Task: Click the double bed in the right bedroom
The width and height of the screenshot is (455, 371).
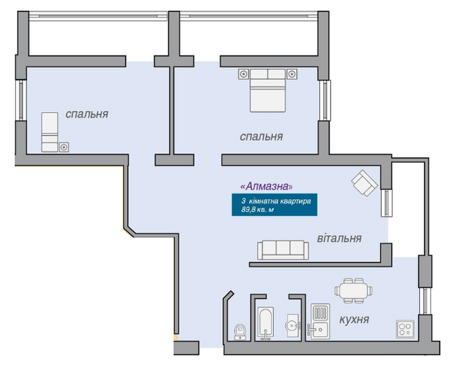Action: (267, 90)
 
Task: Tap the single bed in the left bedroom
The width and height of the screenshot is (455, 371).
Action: (50, 132)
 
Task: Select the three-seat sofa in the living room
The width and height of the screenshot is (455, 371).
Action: (283, 250)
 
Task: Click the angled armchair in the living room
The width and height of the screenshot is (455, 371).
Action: (365, 183)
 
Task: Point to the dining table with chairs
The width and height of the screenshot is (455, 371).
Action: (353, 290)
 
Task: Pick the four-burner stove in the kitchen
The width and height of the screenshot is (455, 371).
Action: (405, 329)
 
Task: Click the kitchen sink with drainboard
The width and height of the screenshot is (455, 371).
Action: (320, 322)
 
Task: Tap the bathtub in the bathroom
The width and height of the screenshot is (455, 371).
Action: (265, 323)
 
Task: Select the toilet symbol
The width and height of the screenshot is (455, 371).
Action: (240, 332)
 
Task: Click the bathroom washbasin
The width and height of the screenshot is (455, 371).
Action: (293, 325)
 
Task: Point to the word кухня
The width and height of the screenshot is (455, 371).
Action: (354, 320)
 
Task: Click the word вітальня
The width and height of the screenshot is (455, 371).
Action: (339, 238)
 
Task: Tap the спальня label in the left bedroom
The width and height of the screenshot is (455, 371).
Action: (87, 114)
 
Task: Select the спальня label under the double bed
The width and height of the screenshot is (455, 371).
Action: (261, 137)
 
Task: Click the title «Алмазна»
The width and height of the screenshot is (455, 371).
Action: (267, 186)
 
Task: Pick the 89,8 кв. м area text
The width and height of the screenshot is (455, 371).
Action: (258, 209)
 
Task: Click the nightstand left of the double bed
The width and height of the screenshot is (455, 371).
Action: (244, 74)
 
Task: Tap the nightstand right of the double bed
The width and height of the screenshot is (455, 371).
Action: (292, 74)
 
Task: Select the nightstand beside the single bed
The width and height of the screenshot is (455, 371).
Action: (64, 147)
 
